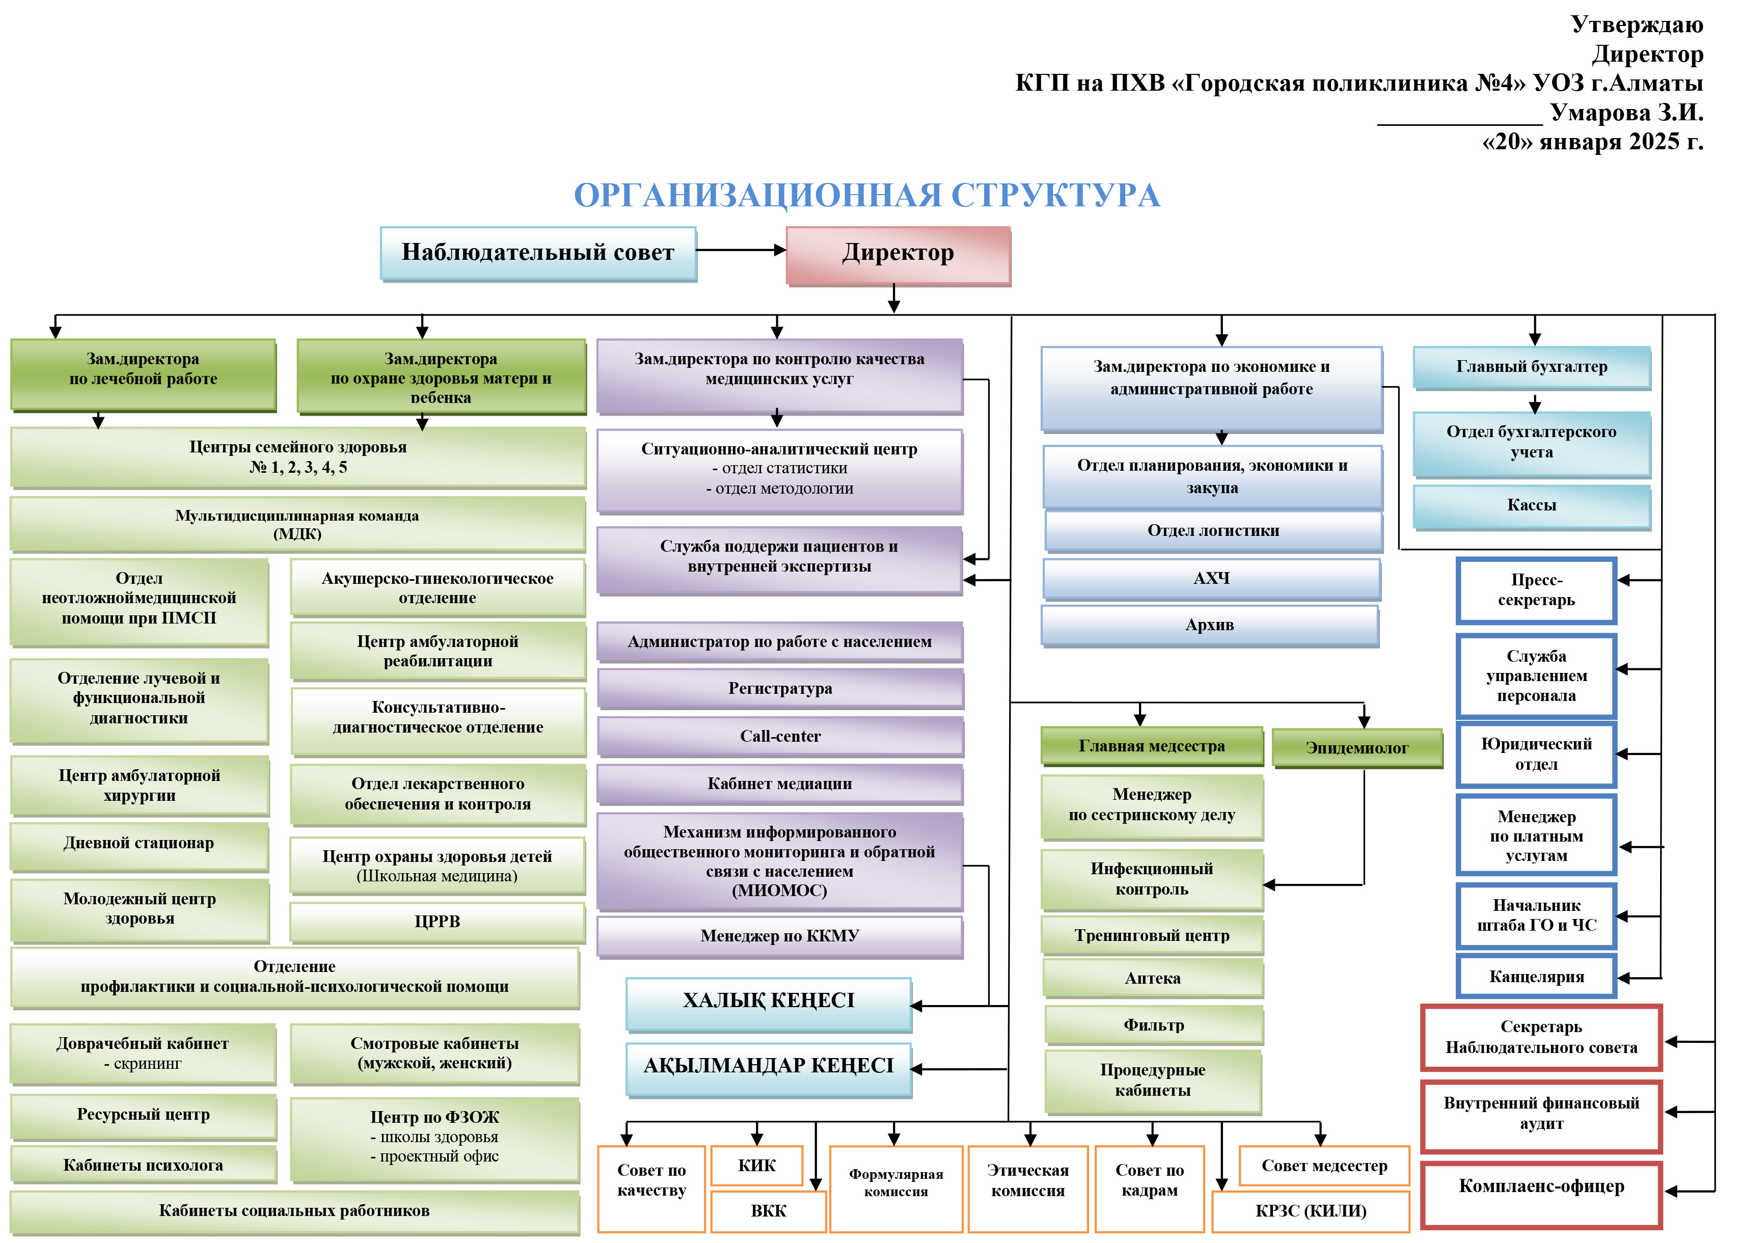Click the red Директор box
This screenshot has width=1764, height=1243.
pos(898,254)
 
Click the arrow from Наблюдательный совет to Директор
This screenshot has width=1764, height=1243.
pos(741,250)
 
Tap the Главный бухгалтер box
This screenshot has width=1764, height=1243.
pos(1531,367)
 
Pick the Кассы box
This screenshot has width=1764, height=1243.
pos(1531,505)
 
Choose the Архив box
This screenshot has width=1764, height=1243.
pos(1209,626)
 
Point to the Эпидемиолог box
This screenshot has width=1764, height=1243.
pos(1357,748)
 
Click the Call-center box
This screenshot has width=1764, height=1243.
pos(780,736)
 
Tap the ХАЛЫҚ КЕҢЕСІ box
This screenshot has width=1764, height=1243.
pos(768,1002)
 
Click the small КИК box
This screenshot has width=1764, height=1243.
pos(757,1166)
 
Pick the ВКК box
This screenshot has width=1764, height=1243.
pos(768,1211)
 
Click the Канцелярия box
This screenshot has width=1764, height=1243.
pos(1537,977)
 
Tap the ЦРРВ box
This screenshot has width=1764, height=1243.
pos(437,922)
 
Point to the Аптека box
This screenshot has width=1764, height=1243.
pos(1152,979)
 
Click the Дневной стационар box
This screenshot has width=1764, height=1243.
pos(139,844)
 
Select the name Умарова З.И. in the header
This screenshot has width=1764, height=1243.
pos(1626,113)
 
